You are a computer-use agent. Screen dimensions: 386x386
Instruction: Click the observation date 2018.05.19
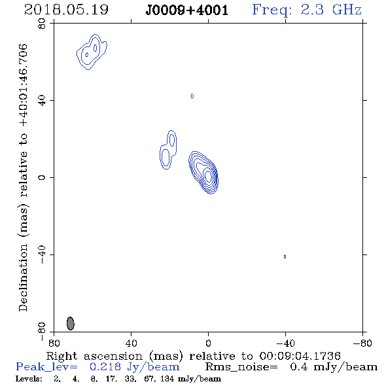[66, 10]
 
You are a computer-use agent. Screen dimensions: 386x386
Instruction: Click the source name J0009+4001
[187, 10]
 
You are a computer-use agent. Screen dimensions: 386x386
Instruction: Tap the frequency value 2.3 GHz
[331, 10]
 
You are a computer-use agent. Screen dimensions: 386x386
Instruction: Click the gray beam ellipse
[71, 323]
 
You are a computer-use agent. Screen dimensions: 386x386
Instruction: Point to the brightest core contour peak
[208, 176]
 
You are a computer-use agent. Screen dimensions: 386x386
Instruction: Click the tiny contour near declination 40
[192, 96]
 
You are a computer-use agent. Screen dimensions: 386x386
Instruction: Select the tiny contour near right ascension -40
[285, 256]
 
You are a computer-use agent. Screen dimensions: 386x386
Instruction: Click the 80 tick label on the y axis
[43, 24]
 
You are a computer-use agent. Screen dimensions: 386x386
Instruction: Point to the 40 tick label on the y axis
[43, 100]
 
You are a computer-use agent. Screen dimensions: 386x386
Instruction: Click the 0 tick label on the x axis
[208, 343]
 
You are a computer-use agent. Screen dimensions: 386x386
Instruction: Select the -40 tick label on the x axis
[285, 343]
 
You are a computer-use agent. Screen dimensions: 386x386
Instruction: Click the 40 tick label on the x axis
[131, 343]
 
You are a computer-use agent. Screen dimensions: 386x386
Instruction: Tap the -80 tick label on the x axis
[362, 343]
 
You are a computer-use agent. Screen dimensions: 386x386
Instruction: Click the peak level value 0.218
[105, 367]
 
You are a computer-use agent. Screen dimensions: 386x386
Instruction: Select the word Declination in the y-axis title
[23, 277]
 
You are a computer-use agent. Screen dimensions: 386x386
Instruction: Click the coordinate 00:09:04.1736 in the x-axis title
[300, 356]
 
